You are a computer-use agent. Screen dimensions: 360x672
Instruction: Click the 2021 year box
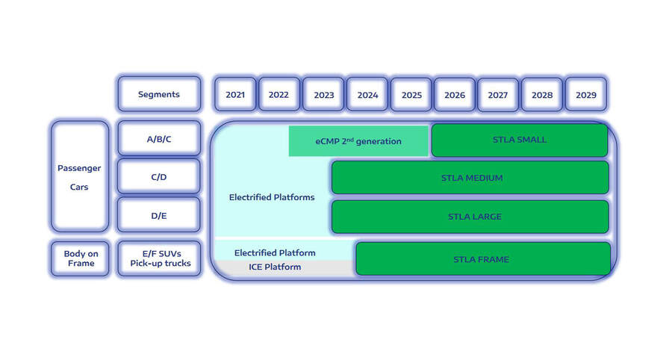(234, 95)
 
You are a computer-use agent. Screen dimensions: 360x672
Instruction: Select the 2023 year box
(323, 95)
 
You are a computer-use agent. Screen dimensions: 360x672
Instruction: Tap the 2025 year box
(411, 95)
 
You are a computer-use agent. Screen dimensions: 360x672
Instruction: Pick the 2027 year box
(498, 95)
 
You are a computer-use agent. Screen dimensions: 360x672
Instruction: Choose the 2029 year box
(585, 95)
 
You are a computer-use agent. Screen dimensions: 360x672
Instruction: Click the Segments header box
(159, 95)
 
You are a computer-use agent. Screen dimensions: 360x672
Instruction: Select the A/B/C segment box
(159, 139)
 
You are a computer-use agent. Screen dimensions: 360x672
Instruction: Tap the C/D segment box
(159, 178)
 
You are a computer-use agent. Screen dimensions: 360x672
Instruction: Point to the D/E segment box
(159, 216)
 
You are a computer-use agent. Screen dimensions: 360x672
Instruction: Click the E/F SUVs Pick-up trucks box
(159, 258)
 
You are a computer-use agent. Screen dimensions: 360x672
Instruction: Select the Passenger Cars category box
(79, 177)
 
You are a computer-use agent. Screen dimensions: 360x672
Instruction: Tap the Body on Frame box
(79, 258)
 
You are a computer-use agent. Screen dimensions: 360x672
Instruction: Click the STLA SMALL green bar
(520, 140)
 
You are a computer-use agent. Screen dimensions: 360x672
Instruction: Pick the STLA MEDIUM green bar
(470, 178)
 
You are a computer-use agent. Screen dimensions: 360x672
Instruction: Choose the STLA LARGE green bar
(470, 217)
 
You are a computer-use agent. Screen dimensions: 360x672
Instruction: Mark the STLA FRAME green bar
(482, 259)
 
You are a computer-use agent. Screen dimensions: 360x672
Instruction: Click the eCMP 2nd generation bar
(358, 141)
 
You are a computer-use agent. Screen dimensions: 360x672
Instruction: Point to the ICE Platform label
(275, 267)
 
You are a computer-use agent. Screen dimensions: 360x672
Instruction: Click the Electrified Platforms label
(272, 197)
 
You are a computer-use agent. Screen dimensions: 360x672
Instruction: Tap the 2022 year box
(279, 95)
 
